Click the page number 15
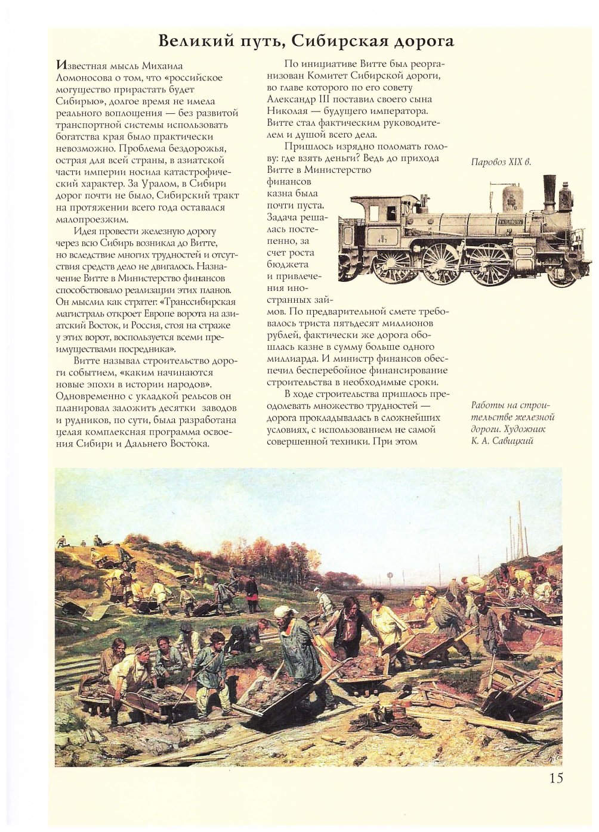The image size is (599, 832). coord(555,778)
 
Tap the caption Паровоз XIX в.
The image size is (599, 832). coord(501,162)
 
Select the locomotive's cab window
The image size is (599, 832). coord(390,210)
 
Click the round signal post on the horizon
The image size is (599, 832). coord(390,575)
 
